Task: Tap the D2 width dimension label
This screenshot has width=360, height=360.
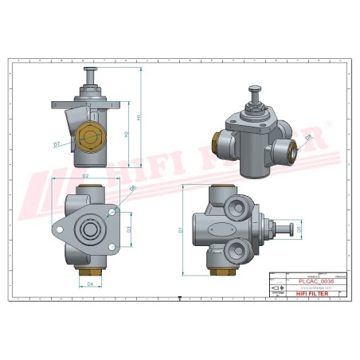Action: click(85, 175)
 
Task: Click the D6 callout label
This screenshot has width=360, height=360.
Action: click(132, 189)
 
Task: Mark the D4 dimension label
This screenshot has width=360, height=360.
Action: click(90, 283)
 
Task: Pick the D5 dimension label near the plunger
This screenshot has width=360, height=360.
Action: click(300, 230)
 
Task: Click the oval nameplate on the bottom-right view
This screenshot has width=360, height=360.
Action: click(216, 233)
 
